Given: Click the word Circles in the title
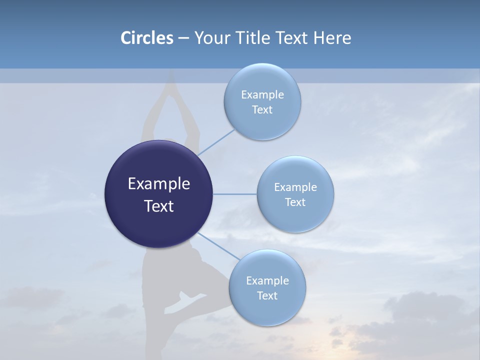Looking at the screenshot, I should tap(146, 38).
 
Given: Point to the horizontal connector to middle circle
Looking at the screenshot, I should tap(235, 194).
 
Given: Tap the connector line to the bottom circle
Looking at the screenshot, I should tap(218, 246).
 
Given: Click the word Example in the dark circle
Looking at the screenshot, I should tap(159, 184).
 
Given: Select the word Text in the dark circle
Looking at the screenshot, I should tap(159, 206).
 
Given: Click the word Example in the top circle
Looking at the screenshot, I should tap(262, 94).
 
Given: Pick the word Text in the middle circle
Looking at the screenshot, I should tap(295, 202).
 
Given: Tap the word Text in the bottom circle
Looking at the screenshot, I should tap(267, 295).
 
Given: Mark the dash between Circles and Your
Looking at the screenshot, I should tap(183, 38).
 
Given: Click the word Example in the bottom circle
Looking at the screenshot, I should tap(267, 280).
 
